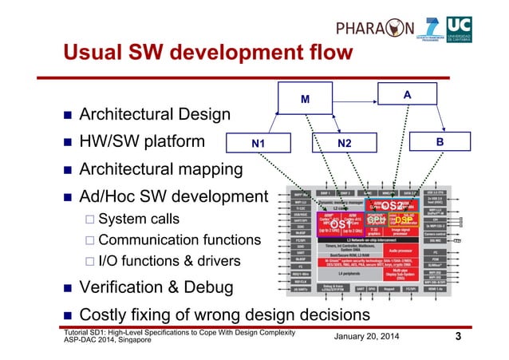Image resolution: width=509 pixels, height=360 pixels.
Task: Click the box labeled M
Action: (x=304, y=101)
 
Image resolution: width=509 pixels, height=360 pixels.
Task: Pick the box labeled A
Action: (x=407, y=95)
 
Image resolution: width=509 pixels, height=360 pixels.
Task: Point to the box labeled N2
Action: (x=345, y=144)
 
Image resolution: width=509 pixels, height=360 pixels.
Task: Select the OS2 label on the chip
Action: (x=393, y=206)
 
